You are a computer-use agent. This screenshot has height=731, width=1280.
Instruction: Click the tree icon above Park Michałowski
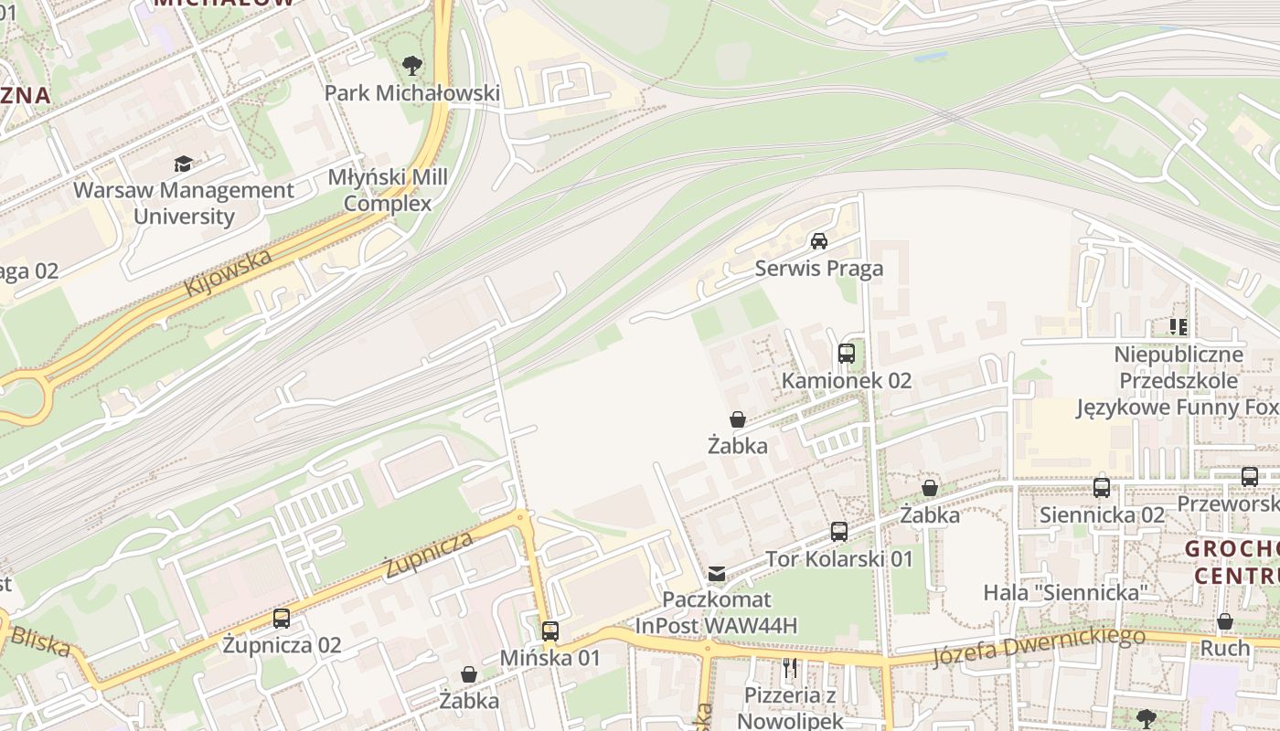pyautogui.click(x=412, y=66)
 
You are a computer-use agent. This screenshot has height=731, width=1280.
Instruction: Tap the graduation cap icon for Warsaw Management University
pyautogui.click(x=184, y=164)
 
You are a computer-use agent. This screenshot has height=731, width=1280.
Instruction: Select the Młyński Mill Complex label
pyautogui.click(x=389, y=190)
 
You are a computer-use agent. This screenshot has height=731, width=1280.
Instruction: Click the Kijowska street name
pyautogui.click(x=228, y=272)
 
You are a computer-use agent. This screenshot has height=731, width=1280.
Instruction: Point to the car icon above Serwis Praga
pyautogui.click(x=819, y=241)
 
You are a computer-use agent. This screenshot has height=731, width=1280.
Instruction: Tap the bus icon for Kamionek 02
pyautogui.click(x=847, y=354)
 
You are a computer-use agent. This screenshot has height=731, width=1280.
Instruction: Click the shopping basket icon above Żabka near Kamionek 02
pyautogui.click(x=738, y=419)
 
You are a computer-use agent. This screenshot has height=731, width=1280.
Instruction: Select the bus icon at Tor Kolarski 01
pyautogui.click(x=839, y=532)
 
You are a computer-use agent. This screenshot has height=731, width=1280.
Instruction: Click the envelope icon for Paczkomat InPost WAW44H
pyautogui.click(x=717, y=574)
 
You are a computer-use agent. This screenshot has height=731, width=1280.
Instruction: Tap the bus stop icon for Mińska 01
pyautogui.click(x=550, y=631)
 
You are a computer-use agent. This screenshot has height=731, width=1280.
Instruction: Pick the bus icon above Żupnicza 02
pyautogui.click(x=282, y=619)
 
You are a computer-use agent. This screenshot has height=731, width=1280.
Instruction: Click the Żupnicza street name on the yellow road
pyautogui.click(x=429, y=554)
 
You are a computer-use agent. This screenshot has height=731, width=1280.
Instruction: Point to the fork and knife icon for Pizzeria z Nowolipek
pyautogui.click(x=791, y=669)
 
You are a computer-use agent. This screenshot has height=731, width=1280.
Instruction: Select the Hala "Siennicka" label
pyautogui.click(x=1065, y=592)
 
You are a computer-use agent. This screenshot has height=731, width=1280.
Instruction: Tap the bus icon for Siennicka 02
pyautogui.click(x=1102, y=488)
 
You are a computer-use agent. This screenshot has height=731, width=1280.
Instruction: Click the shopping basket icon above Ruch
pyautogui.click(x=1225, y=622)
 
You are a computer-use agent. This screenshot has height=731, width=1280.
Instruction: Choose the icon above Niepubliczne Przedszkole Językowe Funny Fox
pyautogui.click(x=1179, y=327)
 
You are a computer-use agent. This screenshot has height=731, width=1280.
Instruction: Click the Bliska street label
pyautogui.click(x=40, y=641)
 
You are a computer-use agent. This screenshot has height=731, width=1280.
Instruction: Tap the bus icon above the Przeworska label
pyautogui.click(x=1250, y=477)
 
